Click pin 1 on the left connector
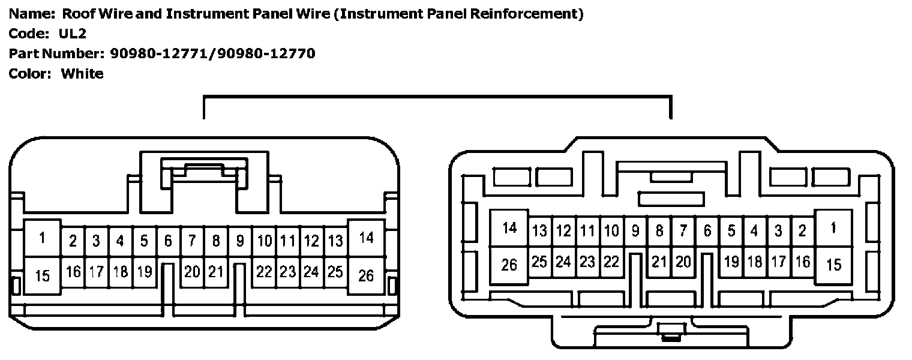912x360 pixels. pos(42,238)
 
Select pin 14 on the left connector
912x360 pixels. pos(366,238)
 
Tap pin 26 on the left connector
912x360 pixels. pos(366,275)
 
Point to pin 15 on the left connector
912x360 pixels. pos(42,275)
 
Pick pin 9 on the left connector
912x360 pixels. pos(240,241)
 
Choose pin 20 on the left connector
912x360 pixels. pos(192,272)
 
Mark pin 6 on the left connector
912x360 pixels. pos(168,241)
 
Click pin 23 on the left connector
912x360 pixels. pos(287,272)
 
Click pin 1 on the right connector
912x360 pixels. pos(833,228)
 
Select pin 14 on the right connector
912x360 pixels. pos(509,228)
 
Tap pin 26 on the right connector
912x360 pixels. pos(509,265)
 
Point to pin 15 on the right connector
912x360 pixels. pos(833,265)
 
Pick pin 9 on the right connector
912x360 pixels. pos(635,230)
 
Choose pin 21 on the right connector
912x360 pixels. pos(659,262)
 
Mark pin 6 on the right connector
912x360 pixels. pos(707,230)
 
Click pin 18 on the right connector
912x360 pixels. pos(755,262)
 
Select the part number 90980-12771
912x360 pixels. pos(160,53)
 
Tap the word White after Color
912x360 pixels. pos(82,74)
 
